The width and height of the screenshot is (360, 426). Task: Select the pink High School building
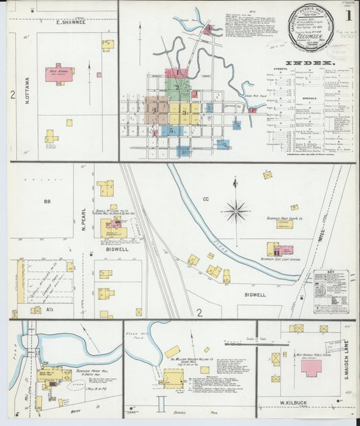59,73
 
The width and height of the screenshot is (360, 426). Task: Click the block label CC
206,199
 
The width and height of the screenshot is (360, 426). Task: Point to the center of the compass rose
236,211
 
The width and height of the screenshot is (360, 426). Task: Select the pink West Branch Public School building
311,368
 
